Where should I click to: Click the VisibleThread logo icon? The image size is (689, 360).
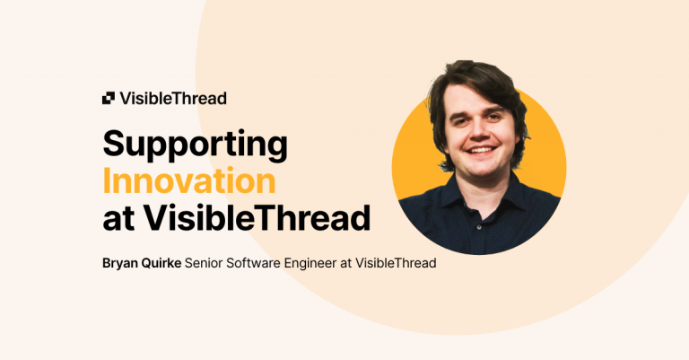(x=109, y=98)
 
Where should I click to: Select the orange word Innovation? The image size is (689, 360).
(x=189, y=181)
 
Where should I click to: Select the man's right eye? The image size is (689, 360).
(x=462, y=119)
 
